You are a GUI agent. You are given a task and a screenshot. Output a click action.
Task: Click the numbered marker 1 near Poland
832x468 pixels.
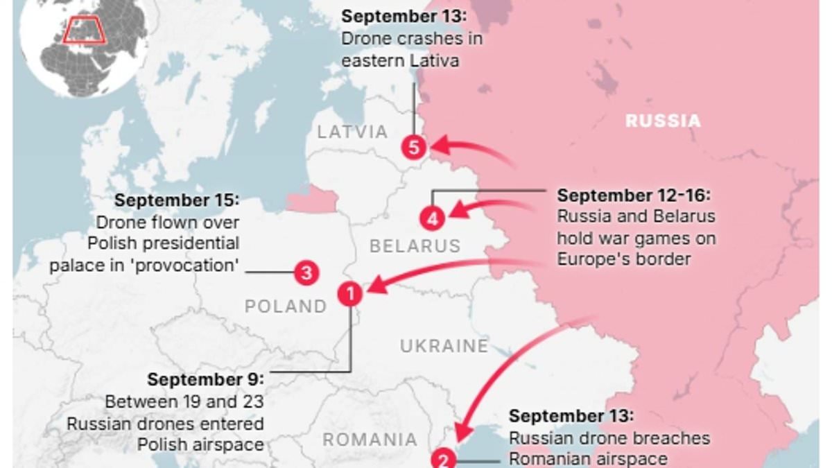tap(350, 294)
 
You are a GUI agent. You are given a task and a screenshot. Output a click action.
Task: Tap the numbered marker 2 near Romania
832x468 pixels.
tap(444, 459)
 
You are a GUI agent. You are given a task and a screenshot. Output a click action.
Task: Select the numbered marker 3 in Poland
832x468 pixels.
tap(306, 272)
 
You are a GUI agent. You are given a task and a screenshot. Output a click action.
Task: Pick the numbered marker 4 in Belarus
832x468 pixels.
tap(431, 219)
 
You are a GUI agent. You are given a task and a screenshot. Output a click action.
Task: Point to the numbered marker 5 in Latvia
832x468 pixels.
tap(414, 147)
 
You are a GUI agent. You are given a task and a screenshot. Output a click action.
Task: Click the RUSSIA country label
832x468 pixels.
tap(663, 121)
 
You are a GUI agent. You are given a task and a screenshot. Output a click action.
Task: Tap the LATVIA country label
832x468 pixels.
tap(352, 132)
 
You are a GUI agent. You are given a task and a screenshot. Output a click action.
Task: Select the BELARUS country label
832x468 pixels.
tap(415, 245)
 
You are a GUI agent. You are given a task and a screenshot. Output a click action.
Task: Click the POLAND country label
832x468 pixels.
tap(285, 306)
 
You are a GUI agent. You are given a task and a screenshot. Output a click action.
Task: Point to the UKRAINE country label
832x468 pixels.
tap(444, 345)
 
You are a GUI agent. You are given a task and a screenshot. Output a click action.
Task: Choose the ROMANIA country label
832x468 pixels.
tap(370, 440)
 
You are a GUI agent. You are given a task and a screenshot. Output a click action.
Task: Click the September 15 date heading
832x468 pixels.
tap(177, 200)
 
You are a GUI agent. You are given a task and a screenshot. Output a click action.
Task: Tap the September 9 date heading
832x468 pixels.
tap(205, 379)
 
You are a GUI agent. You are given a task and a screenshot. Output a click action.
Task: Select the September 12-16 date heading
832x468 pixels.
tap(634, 196)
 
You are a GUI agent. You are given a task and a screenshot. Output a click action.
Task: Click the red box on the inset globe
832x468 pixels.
tap(83, 32)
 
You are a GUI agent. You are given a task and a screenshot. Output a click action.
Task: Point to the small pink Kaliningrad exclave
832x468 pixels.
tap(312, 200)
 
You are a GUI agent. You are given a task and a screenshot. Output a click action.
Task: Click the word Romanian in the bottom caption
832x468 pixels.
tap(553, 458)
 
